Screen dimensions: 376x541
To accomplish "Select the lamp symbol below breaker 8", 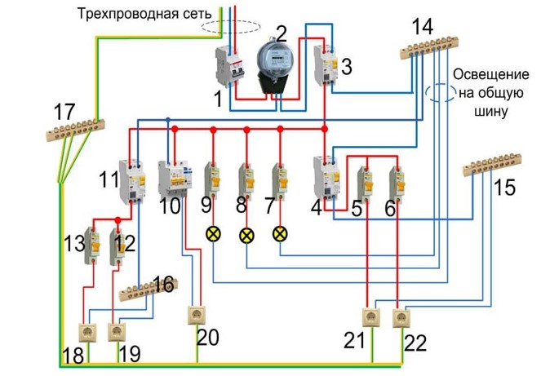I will coord(246,235).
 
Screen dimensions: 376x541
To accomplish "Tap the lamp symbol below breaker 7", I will coord(280,233).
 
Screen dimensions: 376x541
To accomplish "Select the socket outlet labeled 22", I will coord(400,316).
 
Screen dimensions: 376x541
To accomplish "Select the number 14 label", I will coord(422,26).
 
